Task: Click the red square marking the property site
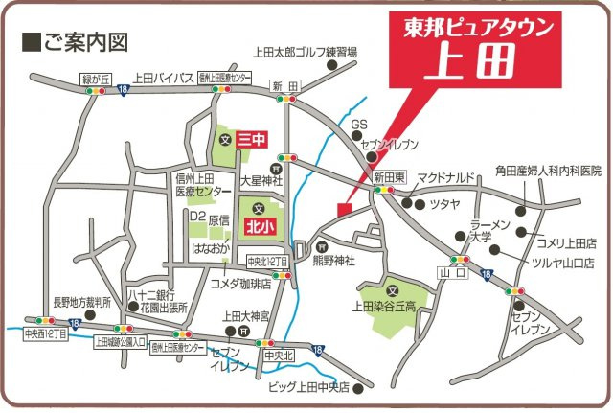click(345, 209)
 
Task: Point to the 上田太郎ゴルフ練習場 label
click(305, 53)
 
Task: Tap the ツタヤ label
click(446, 204)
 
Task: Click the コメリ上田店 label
click(566, 242)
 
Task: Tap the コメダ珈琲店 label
click(240, 284)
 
